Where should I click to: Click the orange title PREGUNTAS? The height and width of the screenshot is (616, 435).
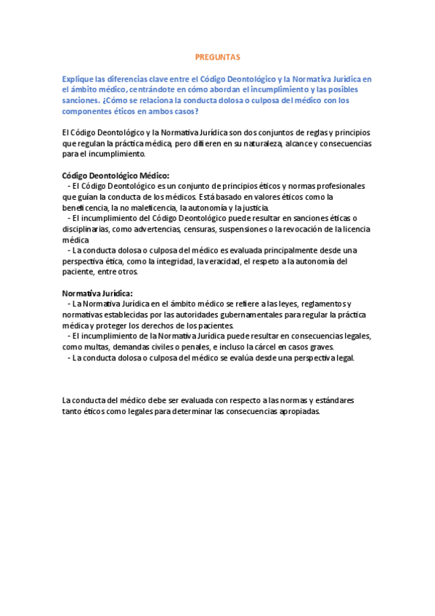pos(217,56)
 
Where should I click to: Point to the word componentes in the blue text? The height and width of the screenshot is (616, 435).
pos(87,111)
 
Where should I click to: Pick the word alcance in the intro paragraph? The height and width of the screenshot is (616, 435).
pos(320,143)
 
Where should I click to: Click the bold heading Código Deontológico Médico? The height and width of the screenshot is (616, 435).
pos(115,175)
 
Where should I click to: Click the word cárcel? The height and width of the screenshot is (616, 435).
pos(270,346)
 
